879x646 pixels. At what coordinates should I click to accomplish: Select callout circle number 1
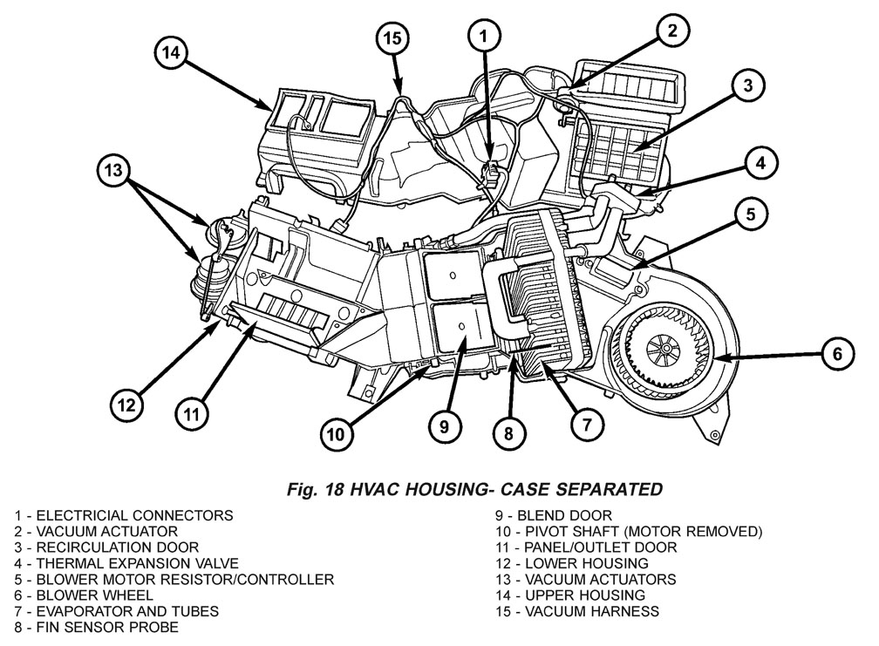point(485,36)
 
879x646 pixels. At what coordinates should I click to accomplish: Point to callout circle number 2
point(671,31)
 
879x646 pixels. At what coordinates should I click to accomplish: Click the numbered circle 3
point(747,85)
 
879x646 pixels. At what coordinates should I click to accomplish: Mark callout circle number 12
point(127,405)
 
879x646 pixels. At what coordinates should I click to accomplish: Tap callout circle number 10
point(337,431)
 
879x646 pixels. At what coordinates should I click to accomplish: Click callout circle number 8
point(509,430)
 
